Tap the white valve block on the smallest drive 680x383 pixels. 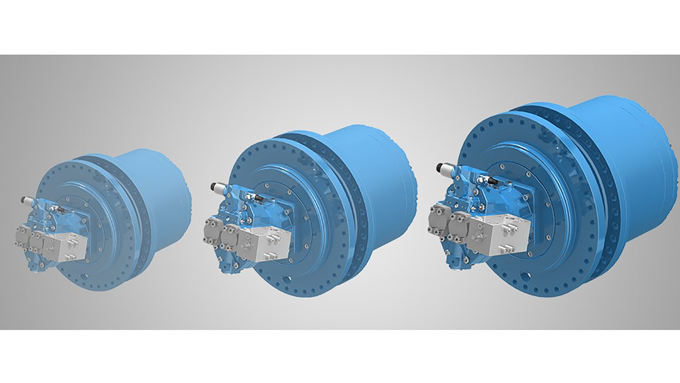66,246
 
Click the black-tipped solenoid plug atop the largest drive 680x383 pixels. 443,168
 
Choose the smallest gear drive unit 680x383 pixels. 106,222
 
